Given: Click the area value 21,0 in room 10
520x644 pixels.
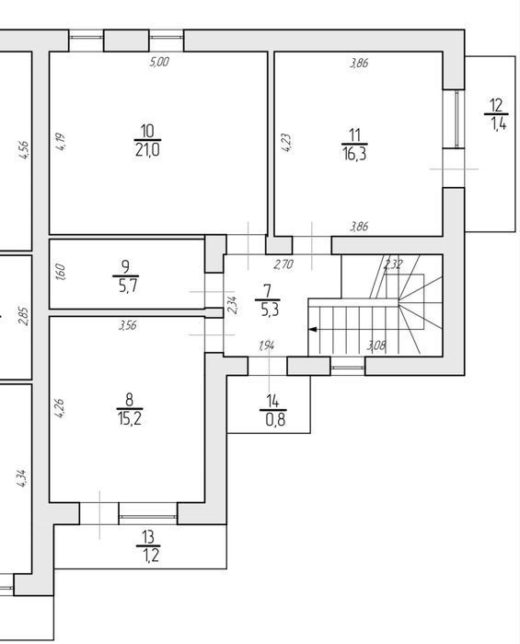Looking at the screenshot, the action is click(x=147, y=150).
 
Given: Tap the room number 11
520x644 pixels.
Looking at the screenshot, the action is click(x=354, y=135).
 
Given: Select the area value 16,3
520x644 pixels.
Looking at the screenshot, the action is click(x=354, y=155).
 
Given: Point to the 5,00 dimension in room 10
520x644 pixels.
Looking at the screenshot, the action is click(x=159, y=62).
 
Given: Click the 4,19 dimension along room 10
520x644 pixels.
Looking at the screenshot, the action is click(x=61, y=142).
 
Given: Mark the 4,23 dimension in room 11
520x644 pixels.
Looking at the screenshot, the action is click(x=287, y=143).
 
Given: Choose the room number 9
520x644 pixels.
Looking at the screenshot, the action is click(x=125, y=267).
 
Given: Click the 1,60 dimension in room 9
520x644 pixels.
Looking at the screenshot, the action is click(x=60, y=272).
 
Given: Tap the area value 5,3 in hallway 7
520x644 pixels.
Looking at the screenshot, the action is click(x=270, y=310).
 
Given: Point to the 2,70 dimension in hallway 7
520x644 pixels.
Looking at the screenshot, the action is click(x=283, y=264).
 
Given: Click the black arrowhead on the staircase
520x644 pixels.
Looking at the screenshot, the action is click(x=312, y=329).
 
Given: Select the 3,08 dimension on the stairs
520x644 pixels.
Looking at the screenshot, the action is click(x=376, y=345).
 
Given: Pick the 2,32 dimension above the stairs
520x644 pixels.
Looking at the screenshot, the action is click(x=392, y=264).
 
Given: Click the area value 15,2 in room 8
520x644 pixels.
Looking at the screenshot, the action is click(x=130, y=419).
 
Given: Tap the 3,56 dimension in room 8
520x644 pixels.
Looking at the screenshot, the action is click(x=128, y=326).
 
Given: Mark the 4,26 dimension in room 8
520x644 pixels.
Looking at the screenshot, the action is click(x=59, y=408).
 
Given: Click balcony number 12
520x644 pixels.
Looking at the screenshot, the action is click(x=496, y=106).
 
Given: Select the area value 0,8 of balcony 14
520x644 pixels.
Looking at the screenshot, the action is click(x=275, y=420).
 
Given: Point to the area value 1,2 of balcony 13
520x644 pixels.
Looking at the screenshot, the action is click(x=151, y=556).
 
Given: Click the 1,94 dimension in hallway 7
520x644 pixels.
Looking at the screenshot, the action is click(x=266, y=346).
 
